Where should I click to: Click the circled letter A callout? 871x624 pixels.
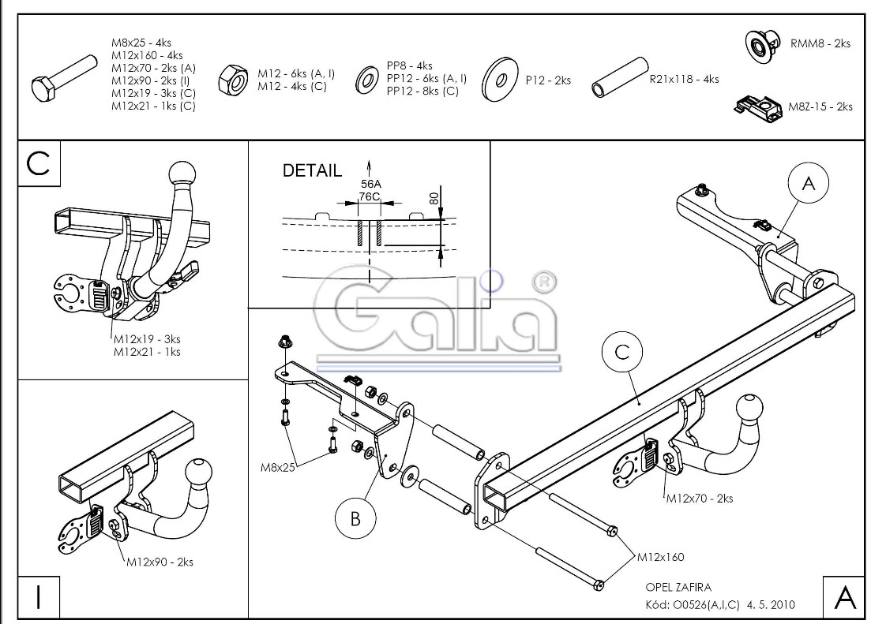(808, 183)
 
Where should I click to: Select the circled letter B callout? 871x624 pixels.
(355, 519)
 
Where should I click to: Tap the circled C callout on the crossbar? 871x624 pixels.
(622, 353)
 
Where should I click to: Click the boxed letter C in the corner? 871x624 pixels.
(39, 163)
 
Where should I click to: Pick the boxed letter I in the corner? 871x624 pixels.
(39, 597)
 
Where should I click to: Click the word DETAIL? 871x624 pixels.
(313, 170)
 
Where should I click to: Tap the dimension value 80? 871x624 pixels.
(434, 197)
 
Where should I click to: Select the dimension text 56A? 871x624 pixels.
(370, 184)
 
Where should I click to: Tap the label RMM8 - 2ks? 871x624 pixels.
(820, 44)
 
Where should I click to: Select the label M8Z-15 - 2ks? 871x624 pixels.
(820, 106)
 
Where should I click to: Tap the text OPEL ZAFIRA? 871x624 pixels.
(678, 587)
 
